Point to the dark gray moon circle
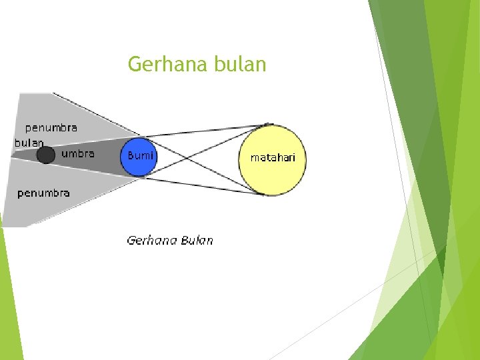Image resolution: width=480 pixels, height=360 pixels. point(45,155)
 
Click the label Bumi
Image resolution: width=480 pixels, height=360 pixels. point(140,155)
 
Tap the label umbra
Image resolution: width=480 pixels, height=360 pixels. point(78,153)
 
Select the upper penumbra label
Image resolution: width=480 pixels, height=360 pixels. point(51,127)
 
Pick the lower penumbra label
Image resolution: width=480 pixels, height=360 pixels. point(43,193)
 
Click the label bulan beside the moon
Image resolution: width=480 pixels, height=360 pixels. point(29,142)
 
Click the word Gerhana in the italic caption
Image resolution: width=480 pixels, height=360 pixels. point(151,240)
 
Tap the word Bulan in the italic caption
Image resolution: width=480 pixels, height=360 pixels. point(197,240)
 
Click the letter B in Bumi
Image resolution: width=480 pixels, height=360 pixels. point(130,155)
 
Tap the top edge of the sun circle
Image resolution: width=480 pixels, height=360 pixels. point(272,125)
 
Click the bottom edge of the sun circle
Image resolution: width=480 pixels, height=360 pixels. point(272,195)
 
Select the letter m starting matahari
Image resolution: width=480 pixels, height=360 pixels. point(254,159)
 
